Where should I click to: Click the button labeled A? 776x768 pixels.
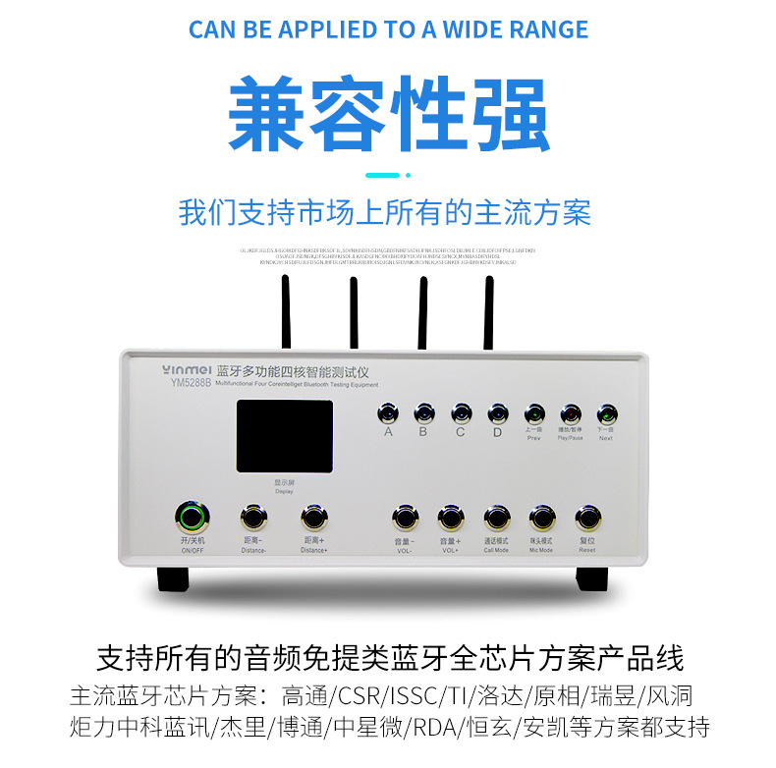[x=389, y=412]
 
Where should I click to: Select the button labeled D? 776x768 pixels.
[x=497, y=412]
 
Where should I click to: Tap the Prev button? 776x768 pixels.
[x=534, y=412]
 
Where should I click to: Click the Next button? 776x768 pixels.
[x=606, y=412]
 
